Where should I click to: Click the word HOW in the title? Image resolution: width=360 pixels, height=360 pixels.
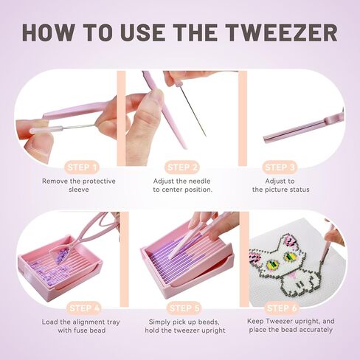click(52, 32)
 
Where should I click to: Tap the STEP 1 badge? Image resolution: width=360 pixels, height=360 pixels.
click(82, 167)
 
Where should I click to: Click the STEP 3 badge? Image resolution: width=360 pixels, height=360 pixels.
click(280, 167)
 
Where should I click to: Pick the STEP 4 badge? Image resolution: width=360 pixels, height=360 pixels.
click(82, 307)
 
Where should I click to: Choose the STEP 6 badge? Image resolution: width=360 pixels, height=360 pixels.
click(280, 307)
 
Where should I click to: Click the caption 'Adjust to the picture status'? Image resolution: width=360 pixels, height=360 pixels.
click(280, 184)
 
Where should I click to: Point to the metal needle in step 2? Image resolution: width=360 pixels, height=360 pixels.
click(193, 111)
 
